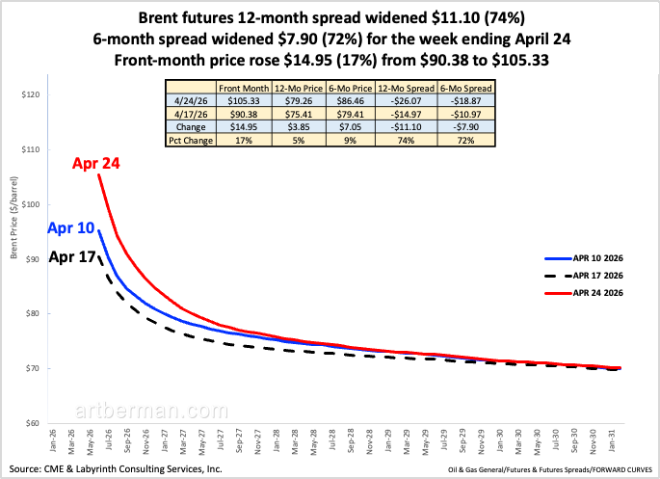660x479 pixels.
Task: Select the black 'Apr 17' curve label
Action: pyautogui.click(x=74, y=257)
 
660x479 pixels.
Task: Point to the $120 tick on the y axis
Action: pyautogui.click(x=34, y=95)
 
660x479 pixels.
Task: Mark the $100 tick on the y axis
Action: pyautogui.click(x=34, y=204)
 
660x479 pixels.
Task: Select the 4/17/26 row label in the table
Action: pyautogui.click(x=191, y=113)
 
